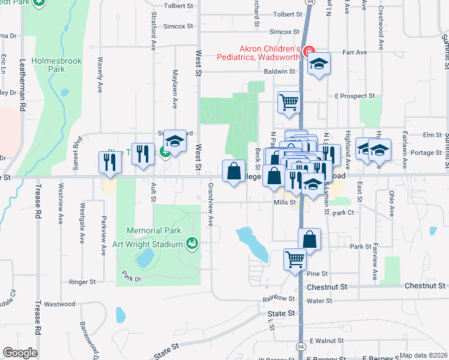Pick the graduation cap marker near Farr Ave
tap(319, 63)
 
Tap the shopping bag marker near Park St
tap(309, 238)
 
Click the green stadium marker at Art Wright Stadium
tap(191, 244)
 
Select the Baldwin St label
tap(280, 71)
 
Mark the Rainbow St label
tap(279, 298)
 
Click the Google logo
tap(20, 353)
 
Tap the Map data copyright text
tap(424, 355)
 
